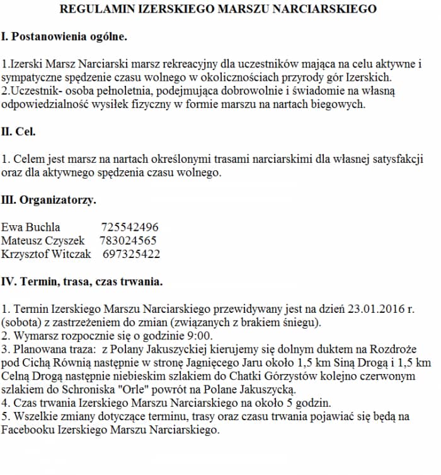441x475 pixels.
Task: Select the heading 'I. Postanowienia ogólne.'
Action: point(64,37)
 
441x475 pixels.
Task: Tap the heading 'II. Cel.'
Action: point(19,132)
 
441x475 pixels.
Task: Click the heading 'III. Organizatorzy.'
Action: point(49,201)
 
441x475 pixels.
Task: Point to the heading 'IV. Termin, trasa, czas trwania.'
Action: point(82,281)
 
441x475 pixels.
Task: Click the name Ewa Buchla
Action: point(31,227)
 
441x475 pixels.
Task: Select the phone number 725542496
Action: point(129,227)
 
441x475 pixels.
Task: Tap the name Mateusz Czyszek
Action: point(43,240)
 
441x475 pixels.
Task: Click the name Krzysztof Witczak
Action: point(46,254)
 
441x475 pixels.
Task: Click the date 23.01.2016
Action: point(374,309)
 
